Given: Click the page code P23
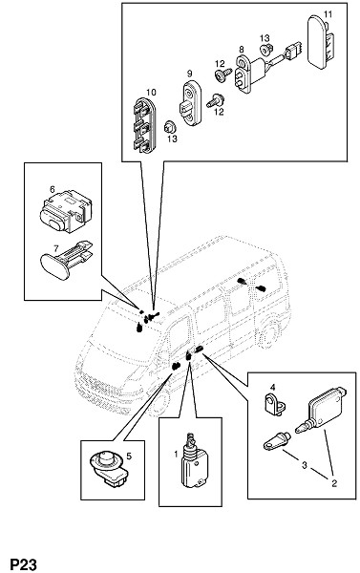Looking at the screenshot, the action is pos(23,564).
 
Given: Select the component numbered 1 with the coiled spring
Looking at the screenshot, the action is pos(195,460).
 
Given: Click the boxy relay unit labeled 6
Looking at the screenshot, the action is pos(66,210).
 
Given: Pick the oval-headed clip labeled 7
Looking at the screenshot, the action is pos(66,260).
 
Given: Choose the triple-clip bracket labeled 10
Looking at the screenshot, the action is pos(143,125).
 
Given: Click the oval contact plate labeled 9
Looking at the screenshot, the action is pos(191,103).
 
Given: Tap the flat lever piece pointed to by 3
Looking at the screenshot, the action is pos(277,440).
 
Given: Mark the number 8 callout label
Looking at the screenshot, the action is pos(242,49).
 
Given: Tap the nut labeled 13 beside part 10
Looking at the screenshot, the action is pos(170,126).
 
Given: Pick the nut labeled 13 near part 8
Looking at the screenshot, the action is pos(266,49).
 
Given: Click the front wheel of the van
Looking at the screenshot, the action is pos(159,403).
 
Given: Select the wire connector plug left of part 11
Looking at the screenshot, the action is pos(293,51).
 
